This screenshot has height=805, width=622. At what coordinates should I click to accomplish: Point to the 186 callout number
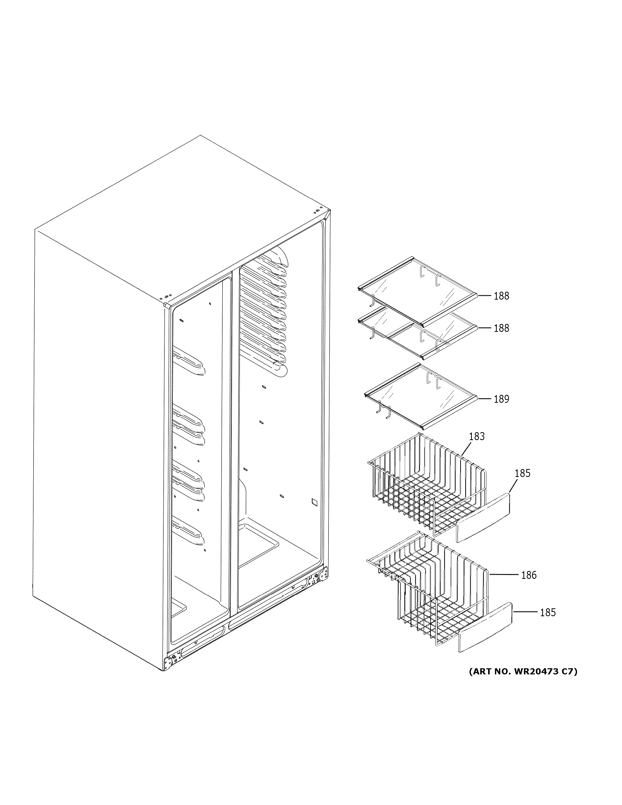click(x=529, y=575)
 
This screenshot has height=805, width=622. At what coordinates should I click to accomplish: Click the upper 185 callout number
click(x=522, y=473)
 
